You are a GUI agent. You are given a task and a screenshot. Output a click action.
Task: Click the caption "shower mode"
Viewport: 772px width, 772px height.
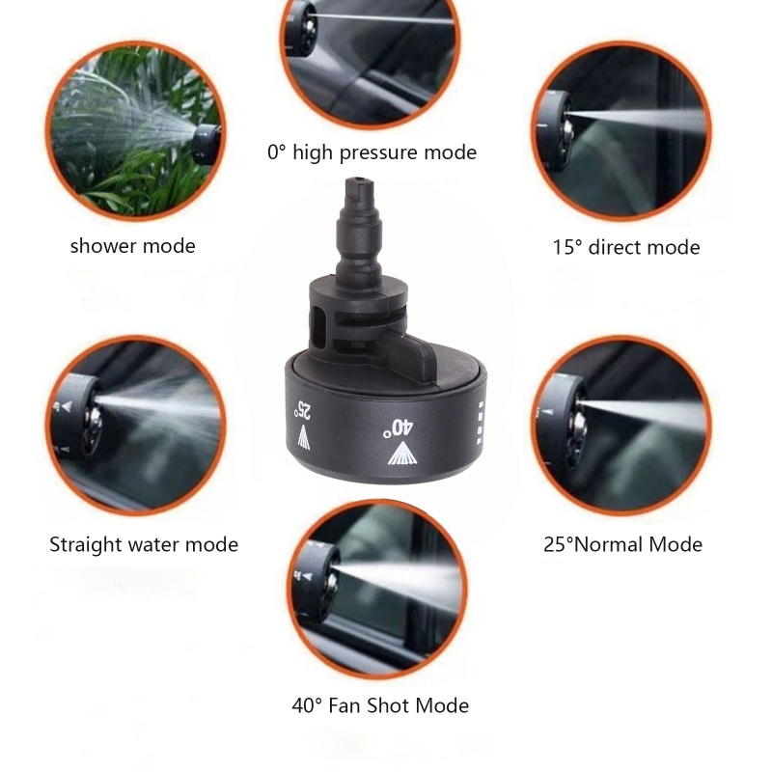point(132,246)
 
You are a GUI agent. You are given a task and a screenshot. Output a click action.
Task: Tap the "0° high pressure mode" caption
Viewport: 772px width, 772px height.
point(372,152)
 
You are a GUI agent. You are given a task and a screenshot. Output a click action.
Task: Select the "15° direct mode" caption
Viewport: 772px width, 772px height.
point(625,247)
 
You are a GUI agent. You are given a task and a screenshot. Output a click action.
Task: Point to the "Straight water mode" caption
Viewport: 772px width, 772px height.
point(143,545)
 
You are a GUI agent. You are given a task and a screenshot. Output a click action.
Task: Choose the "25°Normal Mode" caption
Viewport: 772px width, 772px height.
point(622,545)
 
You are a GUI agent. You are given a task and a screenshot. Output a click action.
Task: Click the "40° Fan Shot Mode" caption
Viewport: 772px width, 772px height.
point(380,705)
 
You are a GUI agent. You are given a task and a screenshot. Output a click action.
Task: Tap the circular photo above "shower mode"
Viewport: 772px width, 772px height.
point(134,129)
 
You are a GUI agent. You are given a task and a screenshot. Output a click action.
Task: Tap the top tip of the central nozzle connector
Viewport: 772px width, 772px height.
point(357,180)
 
